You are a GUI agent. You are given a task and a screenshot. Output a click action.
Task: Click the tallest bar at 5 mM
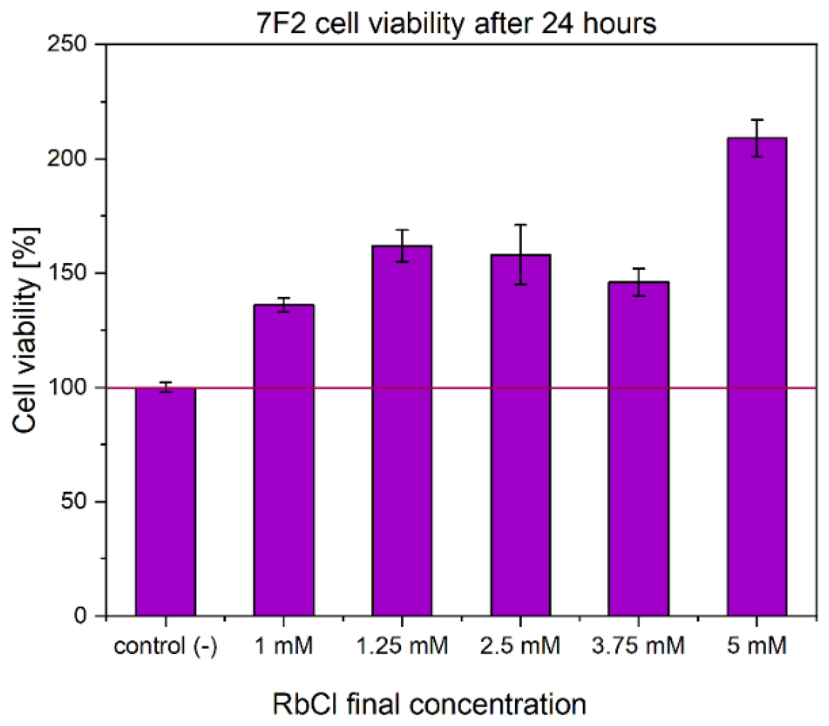click(x=757, y=377)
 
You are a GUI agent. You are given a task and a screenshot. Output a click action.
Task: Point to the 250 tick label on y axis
click(x=68, y=44)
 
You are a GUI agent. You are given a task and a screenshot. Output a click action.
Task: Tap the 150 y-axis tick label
click(x=68, y=273)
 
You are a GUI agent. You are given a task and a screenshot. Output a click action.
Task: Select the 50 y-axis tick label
click(x=74, y=502)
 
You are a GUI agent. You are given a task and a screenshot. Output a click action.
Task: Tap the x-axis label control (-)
click(x=165, y=645)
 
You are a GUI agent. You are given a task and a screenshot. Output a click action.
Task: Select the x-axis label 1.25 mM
click(x=402, y=645)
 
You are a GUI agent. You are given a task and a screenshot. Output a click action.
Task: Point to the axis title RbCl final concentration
click(x=429, y=705)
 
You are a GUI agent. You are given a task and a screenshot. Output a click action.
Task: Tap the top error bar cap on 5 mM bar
click(x=757, y=120)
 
